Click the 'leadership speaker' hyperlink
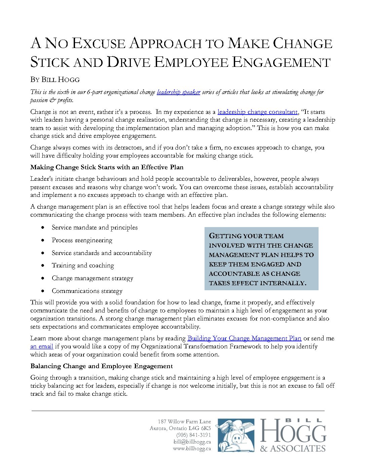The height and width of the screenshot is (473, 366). [x=178, y=92]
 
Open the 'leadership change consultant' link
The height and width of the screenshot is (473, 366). [x=257, y=112]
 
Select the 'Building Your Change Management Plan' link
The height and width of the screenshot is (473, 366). [x=244, y=338]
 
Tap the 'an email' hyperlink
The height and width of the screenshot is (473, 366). [x=41, y=346]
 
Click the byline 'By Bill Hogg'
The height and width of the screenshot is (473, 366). [x=55, y=80]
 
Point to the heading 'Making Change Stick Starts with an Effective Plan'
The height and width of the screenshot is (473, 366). [x=107, y=167]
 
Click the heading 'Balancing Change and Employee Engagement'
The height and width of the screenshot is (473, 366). [x=101, y=366]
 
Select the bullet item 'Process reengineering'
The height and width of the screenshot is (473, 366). [x=82, y=240]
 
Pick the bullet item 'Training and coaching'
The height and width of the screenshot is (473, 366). [x=83, y=265]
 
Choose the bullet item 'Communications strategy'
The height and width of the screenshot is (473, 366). [x=87, y=291]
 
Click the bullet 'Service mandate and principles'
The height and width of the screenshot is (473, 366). [x=95, y=227]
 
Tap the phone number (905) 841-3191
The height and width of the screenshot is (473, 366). [x=193, y=435]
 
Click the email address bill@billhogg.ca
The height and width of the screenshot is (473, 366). [x=192, y=442]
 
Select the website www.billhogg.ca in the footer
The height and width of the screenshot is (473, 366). [x=192, y=448]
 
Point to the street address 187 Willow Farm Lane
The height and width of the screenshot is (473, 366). [x=184, y=422]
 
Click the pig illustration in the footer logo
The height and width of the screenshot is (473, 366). [x=235, y=435]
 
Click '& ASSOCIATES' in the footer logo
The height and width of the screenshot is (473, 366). [x=293, y=448]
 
